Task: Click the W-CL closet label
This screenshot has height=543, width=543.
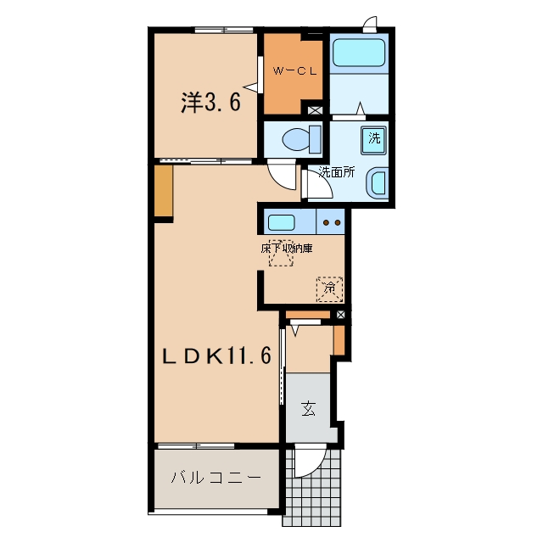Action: [x=294, y=71]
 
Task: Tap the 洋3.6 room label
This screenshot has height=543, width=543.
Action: [x=210, y=102]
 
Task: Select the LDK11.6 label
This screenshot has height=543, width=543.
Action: [x=217, y=356]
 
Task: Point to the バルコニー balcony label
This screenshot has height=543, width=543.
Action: [x=216, y=478]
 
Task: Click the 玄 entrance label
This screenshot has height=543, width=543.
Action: [x=308, y=408]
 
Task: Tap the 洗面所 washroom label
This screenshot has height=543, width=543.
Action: [x=337, y=171]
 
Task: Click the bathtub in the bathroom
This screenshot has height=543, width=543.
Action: [x=359, y=53]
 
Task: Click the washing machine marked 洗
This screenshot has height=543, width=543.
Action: [x=373, y=140]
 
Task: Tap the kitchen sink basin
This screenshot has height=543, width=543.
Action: [x=282, y=222]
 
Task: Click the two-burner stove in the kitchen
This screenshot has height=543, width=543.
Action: [x=331, y=221]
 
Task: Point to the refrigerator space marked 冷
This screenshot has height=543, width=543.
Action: [x=330, y=288]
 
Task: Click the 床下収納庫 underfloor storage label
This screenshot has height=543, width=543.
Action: [x=287, y=249]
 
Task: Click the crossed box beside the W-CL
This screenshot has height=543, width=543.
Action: [x=315, y=110]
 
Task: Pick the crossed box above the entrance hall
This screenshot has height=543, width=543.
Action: [x=341, y=315]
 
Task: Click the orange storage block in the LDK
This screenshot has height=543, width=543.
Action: [x=164, y=190]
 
